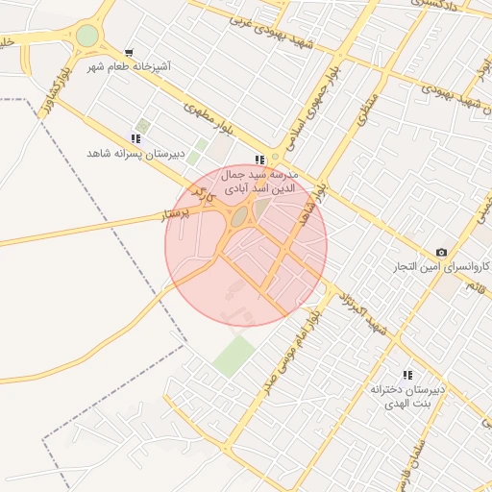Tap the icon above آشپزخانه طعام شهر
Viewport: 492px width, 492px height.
(130, 53)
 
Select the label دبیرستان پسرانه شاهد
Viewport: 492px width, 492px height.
(135, 154)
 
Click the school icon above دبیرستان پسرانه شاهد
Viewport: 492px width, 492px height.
(135, 138)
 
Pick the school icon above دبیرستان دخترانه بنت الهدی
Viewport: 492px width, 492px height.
(407, 375)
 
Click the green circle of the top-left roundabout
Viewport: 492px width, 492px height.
(87, 36)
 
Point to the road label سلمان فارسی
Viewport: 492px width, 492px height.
(407, 461)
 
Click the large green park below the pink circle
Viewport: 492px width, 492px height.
(234, 356)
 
